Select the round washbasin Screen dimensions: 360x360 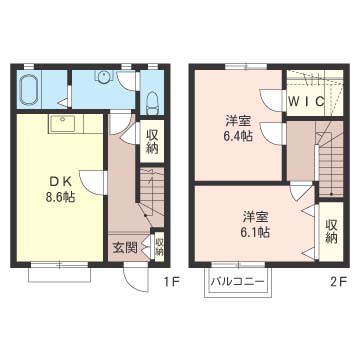click(104, 78)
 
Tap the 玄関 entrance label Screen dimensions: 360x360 click(124, 247)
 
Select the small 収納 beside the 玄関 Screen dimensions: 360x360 click(159, 246)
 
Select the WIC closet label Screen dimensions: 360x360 click(305, 102)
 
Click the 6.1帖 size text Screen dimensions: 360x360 click(254, 224)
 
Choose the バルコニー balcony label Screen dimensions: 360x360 click(237, 282)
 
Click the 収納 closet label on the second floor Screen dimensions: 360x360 click(331, 232)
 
